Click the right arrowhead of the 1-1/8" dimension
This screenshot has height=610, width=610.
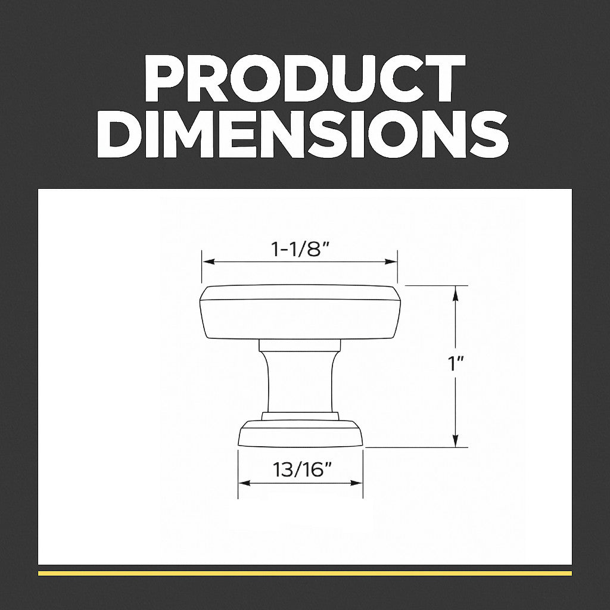[x=391, y=262]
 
